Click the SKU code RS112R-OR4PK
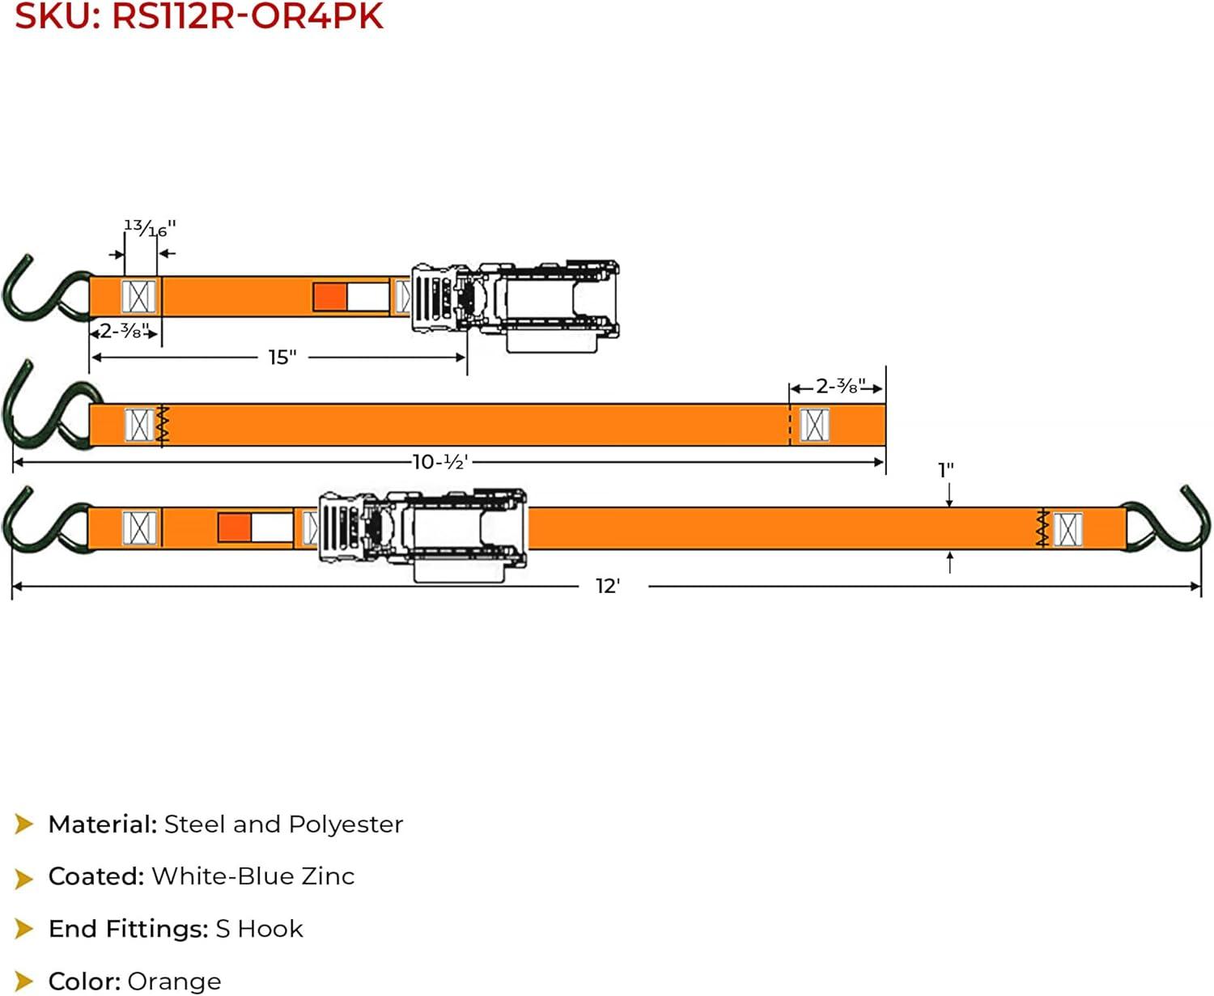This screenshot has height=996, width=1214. coord(247,16)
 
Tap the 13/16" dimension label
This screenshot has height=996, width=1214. coord(150,228)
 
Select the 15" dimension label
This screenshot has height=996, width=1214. coord(282,358)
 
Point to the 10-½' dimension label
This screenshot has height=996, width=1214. coord(440,462)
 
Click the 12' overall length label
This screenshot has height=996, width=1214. coord(608,587)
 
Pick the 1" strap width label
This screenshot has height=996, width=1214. coord(946,470)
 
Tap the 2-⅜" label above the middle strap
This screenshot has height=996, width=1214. coord(840,386)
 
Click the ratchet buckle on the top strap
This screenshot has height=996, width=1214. coord(516,305)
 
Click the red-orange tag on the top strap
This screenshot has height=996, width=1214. coord(330,297)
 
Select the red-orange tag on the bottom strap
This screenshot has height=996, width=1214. coord(234,528)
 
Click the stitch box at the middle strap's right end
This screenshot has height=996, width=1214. coord(814,426)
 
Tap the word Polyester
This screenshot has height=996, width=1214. coord(346,825)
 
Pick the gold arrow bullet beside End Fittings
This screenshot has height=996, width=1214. coord(23,929)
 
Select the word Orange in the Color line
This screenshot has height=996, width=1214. coord(174,981)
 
